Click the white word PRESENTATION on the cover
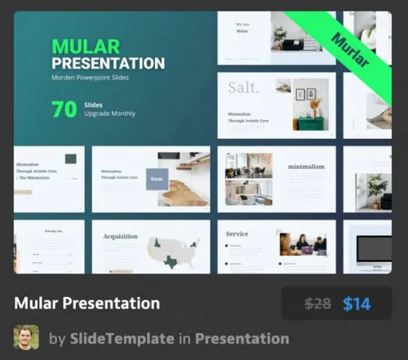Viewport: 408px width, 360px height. [108, 64]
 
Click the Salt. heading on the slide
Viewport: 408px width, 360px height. [243, 87]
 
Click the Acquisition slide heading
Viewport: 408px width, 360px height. [120, 237]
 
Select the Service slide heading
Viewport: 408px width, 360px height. [237, 234]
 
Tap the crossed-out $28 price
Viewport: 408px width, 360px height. [317, 304]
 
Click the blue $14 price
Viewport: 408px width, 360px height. [357, 304]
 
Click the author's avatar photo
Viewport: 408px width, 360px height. [26, 338]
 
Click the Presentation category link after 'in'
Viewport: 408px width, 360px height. [242, 338]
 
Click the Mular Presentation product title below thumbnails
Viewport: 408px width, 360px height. [86, 303]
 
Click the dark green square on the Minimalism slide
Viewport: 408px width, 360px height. [71, 159]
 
